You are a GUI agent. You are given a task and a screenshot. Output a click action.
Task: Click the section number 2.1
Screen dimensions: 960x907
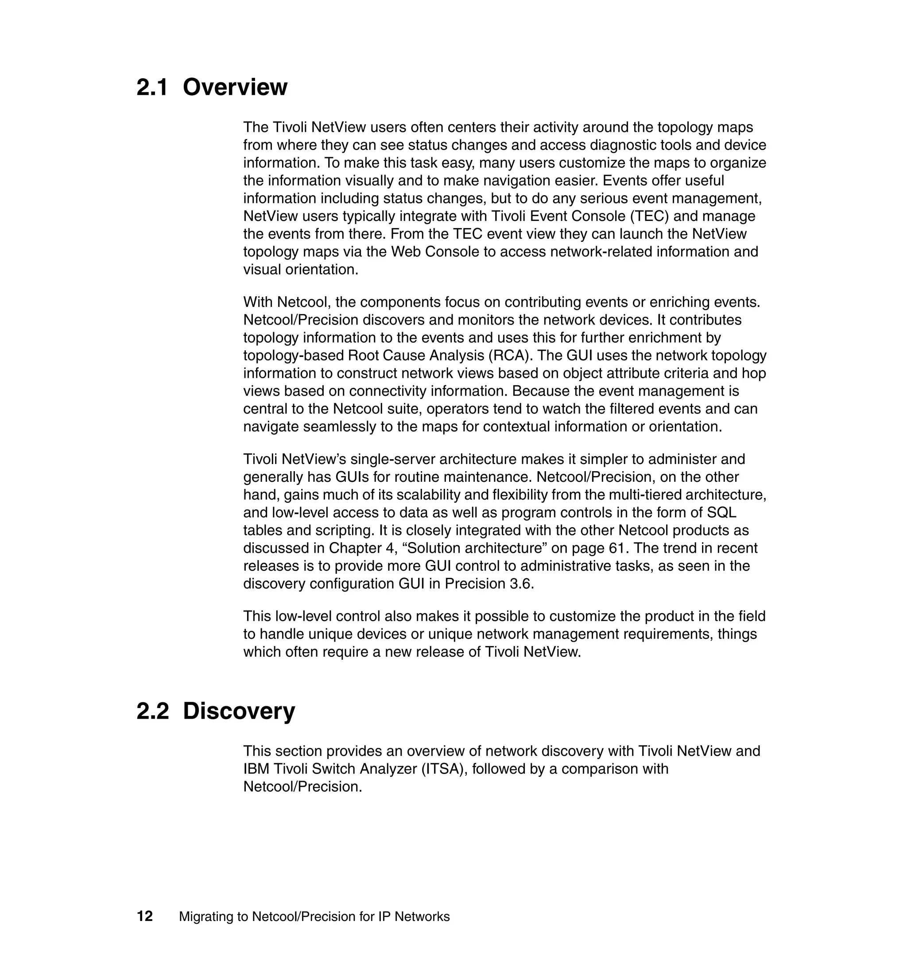[x=152, y=88]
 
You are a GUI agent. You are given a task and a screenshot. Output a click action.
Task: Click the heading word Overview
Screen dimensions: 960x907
[x=235, y=88]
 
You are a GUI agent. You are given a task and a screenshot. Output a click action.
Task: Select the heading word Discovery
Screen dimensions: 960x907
[x=239, y=712]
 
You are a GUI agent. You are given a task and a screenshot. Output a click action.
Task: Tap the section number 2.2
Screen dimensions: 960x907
[x=152, y=712]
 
